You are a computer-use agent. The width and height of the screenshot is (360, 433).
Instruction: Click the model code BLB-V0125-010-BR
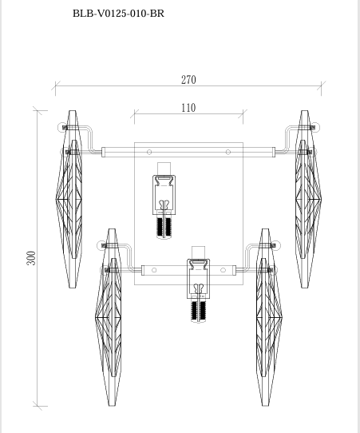(118, 14)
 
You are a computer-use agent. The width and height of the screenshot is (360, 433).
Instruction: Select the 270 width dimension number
(188, 80)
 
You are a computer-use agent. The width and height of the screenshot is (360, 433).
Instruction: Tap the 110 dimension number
(188, 108)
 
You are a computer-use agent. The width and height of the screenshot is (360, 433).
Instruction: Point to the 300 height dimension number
(31, 258)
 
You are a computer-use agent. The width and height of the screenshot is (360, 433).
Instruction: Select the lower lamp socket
(199, 280)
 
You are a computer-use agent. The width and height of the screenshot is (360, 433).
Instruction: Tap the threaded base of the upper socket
(166, 227)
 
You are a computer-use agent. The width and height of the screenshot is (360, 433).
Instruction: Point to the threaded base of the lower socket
(199, 310)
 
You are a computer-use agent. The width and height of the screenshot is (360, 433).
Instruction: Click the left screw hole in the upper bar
(150, 152)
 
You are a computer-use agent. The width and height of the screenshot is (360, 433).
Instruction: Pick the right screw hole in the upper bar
(228, 152)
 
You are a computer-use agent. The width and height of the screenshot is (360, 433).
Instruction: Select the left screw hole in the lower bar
(155, 270)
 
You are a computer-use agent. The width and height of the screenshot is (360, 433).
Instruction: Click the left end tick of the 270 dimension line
(55, 85)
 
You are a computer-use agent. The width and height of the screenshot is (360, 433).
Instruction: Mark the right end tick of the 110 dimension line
(243, 113)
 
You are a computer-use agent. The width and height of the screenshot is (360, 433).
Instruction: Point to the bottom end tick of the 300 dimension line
(38, 407)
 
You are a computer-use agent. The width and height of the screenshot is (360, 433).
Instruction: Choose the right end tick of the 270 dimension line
(322, 85)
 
